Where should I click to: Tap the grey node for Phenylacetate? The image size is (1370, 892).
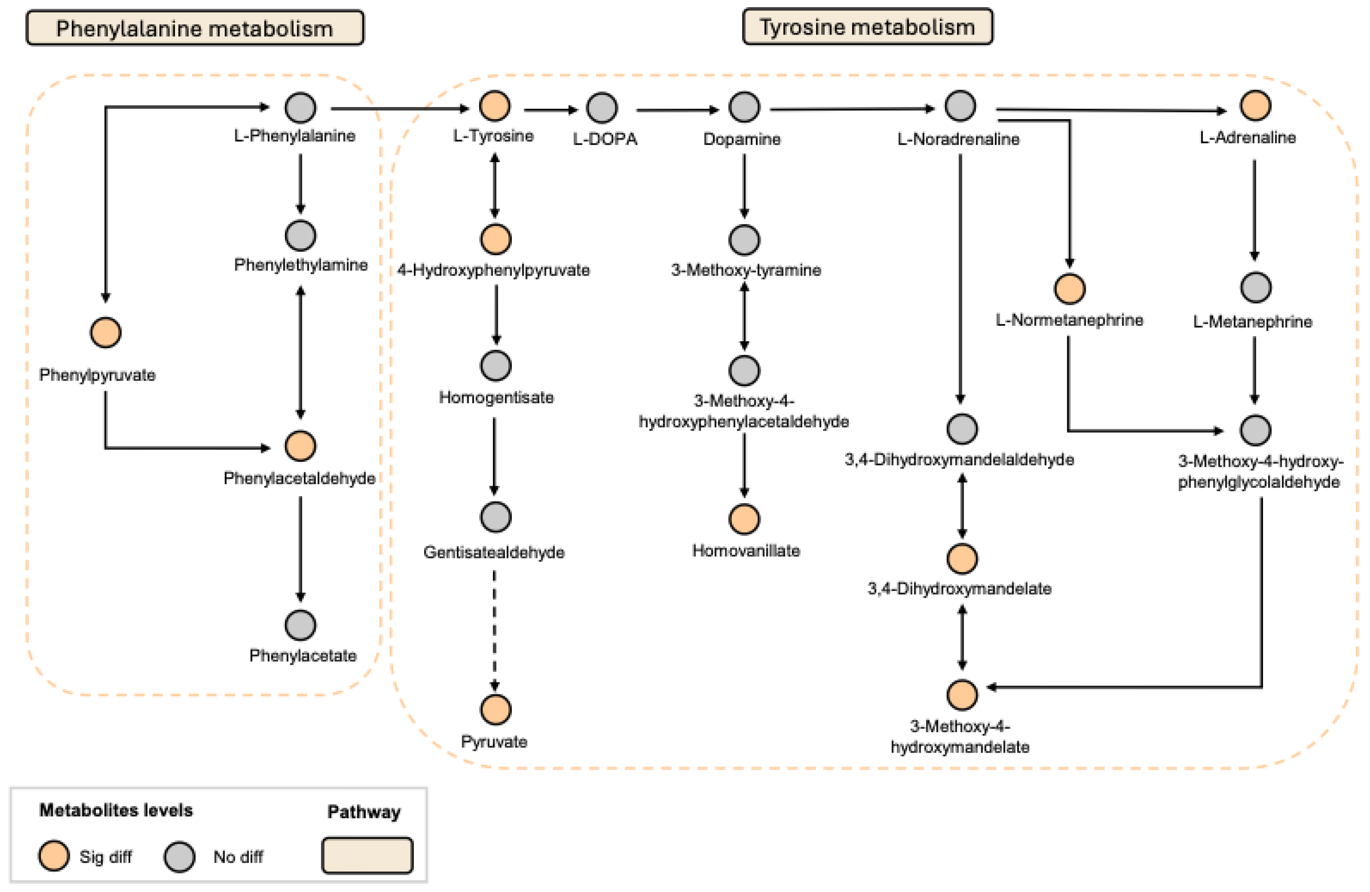[x=300, y=625]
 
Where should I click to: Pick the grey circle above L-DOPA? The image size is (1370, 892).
[x=602, y=108]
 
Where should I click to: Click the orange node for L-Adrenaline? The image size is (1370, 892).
[x=1255, y=106]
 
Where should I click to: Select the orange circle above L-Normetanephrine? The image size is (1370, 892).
[x=1069, y=288]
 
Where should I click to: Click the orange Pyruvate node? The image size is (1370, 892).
[x=495, y=709]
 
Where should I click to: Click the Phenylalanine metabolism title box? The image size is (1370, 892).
[x=195, y=28]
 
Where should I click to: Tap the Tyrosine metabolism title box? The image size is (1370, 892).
[x=867, y=27]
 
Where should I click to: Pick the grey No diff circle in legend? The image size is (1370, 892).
[x=179, y=856]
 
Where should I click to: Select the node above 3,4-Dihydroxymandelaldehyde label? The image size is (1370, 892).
[x=962, y=429]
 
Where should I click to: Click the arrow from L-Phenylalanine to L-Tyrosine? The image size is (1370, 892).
[x=400, y=108]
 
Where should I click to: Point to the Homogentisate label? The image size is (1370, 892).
[x=495, y=397]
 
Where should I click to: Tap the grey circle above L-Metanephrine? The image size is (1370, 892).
[x=1255, y=287]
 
